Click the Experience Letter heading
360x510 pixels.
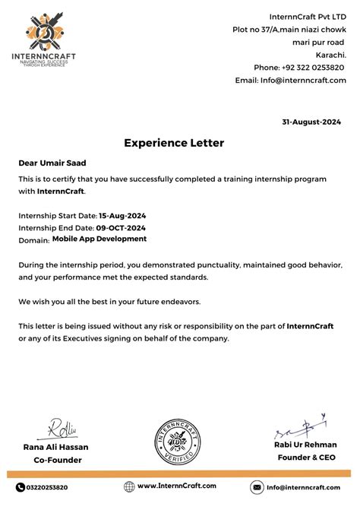pos(174,143)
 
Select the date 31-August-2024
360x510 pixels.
pos(311,122)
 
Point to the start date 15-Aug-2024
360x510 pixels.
pos(122,215)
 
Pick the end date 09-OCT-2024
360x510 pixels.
pos(121,227)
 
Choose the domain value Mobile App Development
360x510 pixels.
pos(99,239)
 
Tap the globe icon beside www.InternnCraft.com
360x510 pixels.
pos(129,486)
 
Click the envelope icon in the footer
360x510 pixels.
pos(257,487)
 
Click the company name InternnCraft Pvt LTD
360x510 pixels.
pos(308,17)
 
